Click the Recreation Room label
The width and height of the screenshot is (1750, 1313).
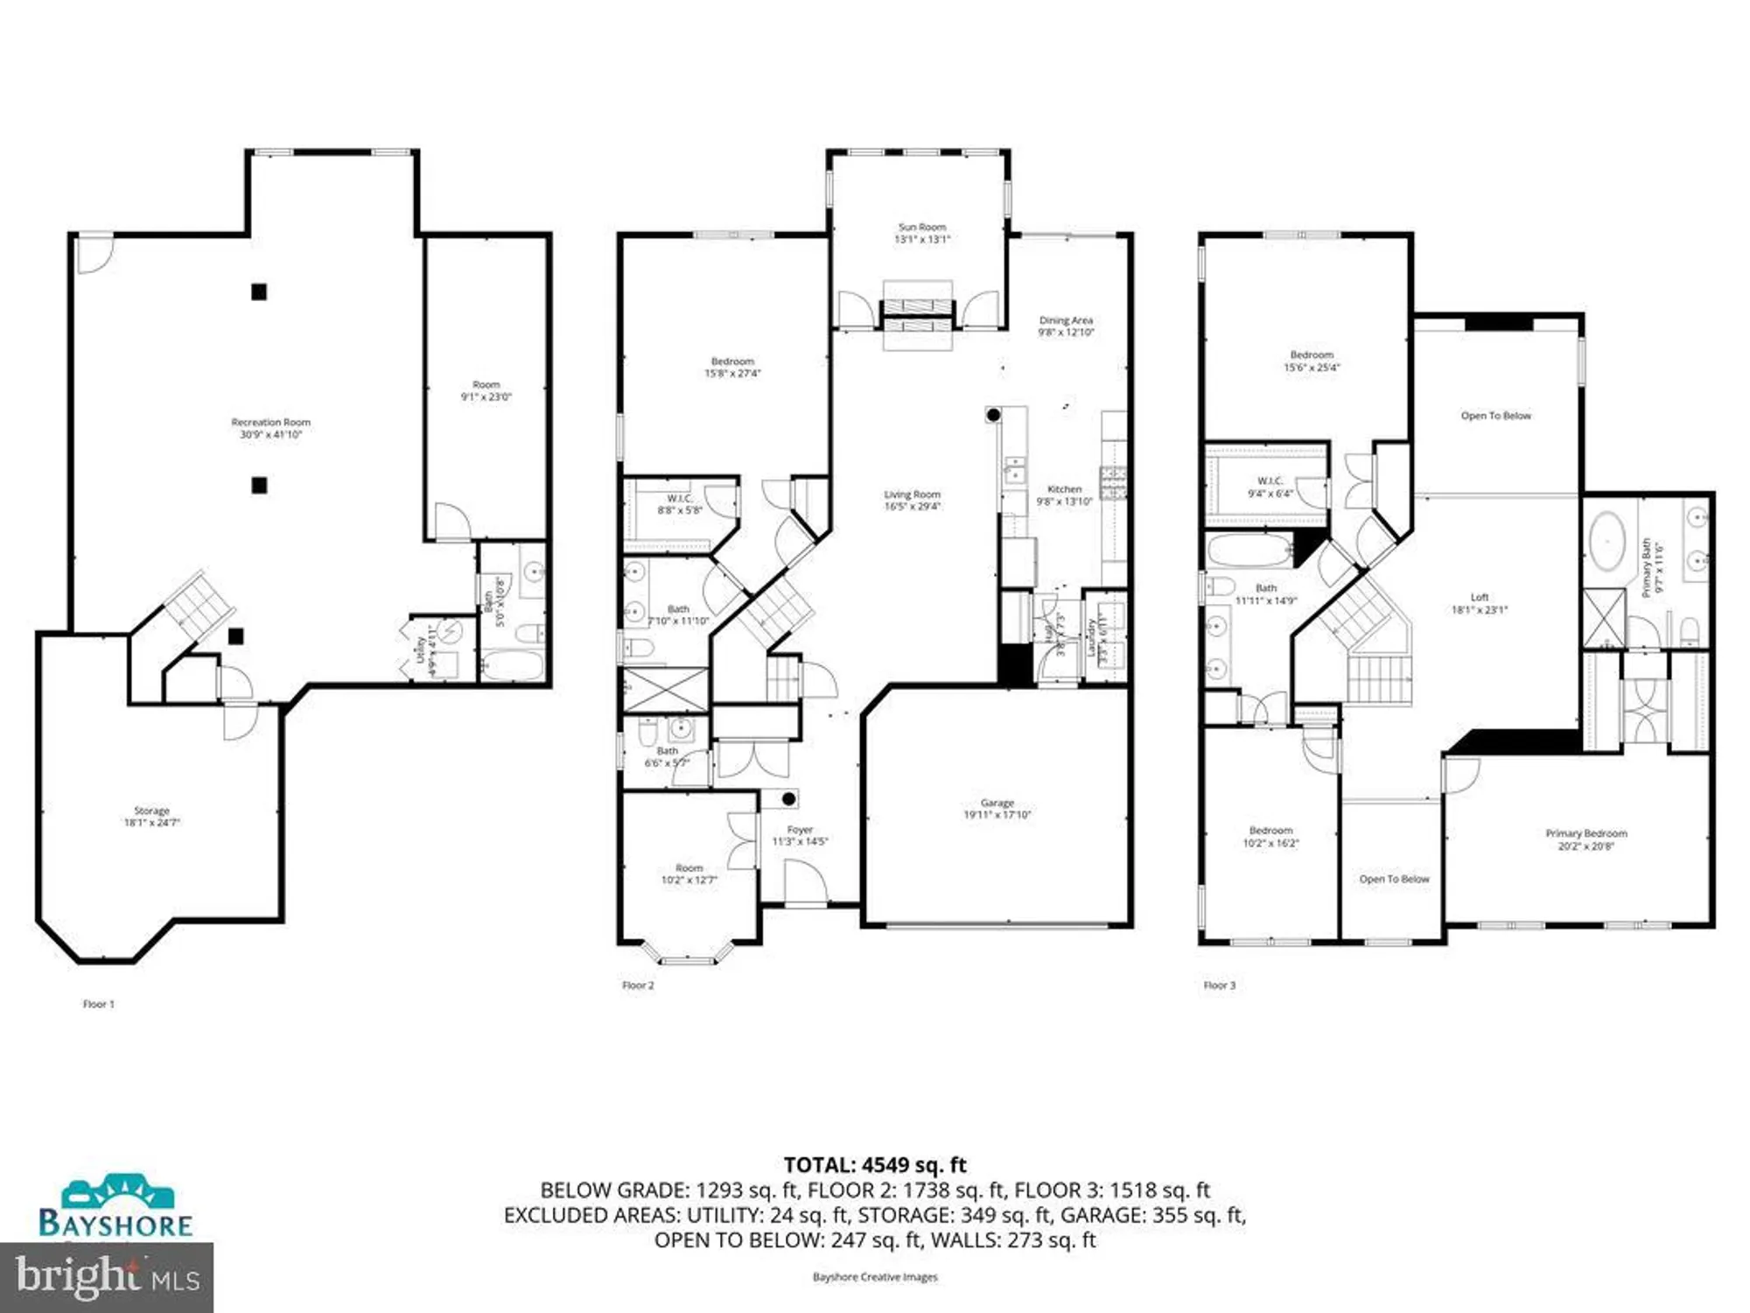coord(270,423)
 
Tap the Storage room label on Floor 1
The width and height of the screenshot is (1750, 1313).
coord(151,811)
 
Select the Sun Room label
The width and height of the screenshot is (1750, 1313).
coord(921,228)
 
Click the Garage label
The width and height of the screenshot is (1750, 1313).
coord(997,803)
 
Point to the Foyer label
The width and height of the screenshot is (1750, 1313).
coord(799,830)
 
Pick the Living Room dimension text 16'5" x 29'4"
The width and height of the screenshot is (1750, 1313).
coord(912,507)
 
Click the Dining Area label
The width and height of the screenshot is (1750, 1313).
coord(1065,321)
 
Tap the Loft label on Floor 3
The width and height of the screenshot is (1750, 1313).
coord(1479,598)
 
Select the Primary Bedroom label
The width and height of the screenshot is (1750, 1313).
coord(1585,834)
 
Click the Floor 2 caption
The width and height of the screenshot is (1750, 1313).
coord(638,986)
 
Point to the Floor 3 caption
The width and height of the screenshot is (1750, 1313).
coord(1219,986)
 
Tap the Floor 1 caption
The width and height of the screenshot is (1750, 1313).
coord(98,1004)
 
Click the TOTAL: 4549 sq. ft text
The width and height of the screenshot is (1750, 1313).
coord(874,1165)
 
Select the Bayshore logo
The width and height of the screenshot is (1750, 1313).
coord(115,1208)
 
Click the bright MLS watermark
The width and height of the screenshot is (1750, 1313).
coord(106,1277)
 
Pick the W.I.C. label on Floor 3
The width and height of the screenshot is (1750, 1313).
coord(1269,481)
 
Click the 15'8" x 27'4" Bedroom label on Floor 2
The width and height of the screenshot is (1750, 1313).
coord(731,368)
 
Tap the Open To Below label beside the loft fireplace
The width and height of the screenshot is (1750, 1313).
coord(1495,416)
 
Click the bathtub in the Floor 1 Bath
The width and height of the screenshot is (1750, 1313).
coord(512,665)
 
